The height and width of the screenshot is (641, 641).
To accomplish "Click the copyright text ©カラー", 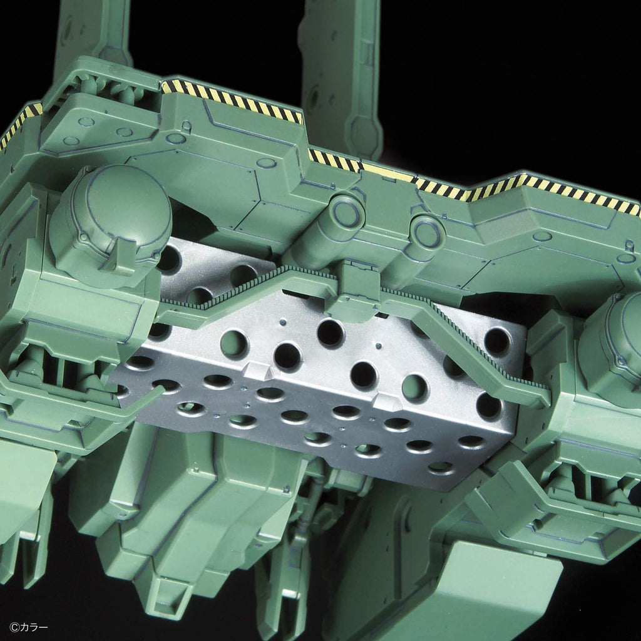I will (29, 627).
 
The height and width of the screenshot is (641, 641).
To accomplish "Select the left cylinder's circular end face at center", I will (346, 213).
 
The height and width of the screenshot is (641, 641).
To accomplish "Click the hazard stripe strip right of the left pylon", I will (232, 100).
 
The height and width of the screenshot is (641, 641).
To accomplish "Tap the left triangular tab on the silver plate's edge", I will (257, 372).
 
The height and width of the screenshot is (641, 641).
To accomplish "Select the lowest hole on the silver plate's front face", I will (441, 467).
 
